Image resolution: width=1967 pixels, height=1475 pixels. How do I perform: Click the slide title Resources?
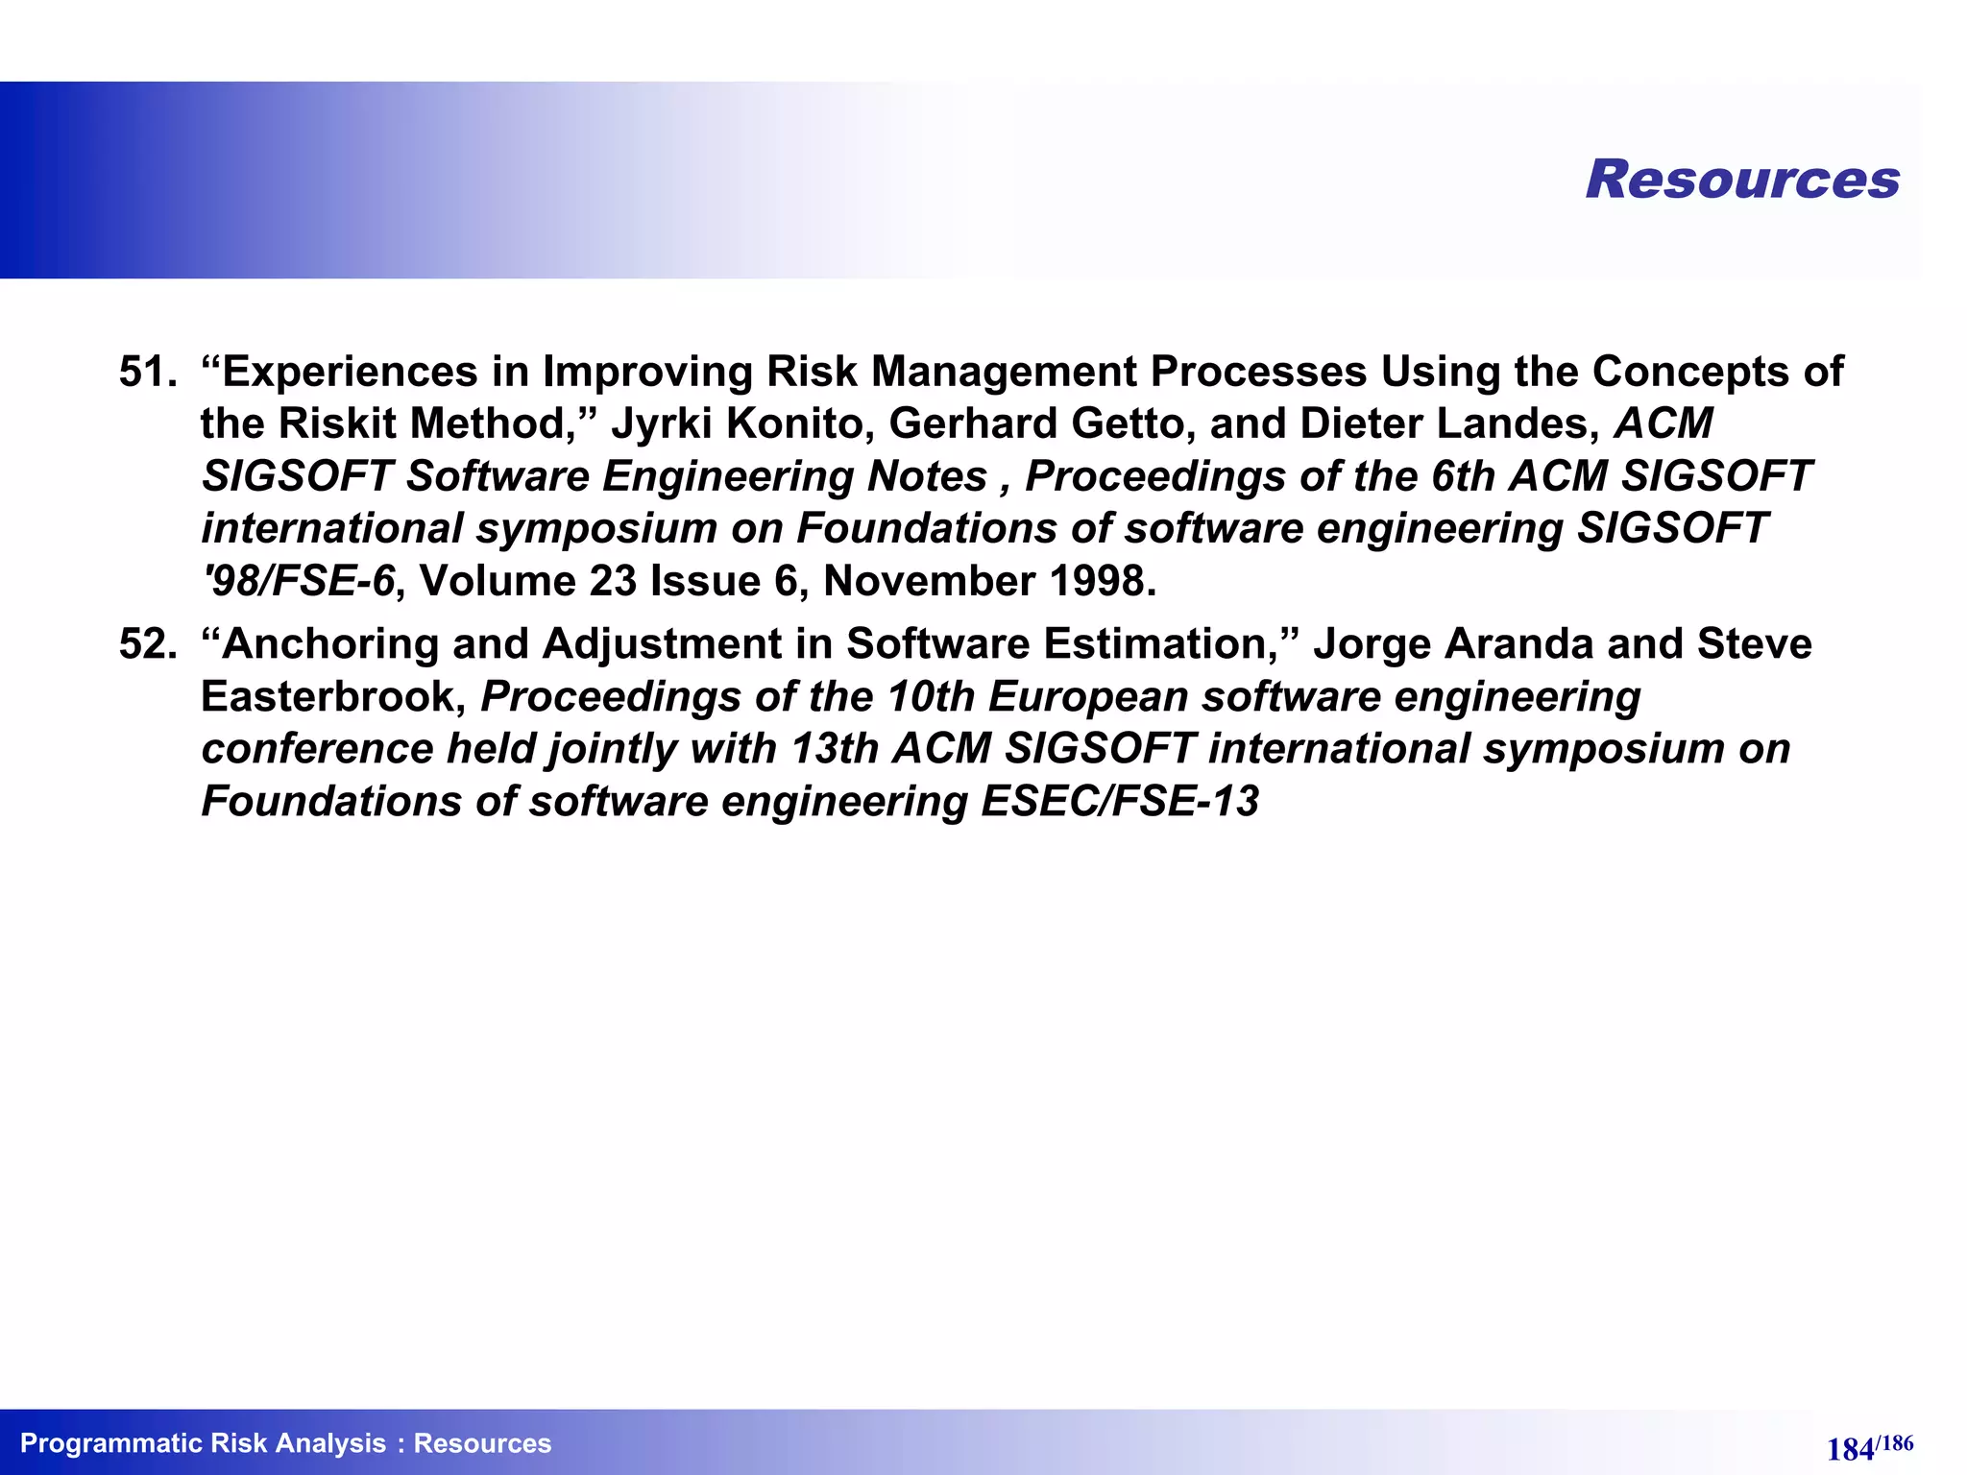point(1742,180)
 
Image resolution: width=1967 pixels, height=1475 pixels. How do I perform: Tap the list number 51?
point(146,373)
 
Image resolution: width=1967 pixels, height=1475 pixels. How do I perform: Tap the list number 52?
point(146,644)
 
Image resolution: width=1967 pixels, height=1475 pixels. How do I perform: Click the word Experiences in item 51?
point(350,373)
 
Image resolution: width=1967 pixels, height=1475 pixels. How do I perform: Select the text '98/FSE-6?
point(299,582)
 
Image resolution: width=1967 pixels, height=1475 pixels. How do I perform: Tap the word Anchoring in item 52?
point(330,644)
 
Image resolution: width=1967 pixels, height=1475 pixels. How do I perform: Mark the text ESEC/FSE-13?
point(1119,802)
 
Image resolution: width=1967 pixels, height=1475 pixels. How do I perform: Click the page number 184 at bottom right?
point(1850,1449)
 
